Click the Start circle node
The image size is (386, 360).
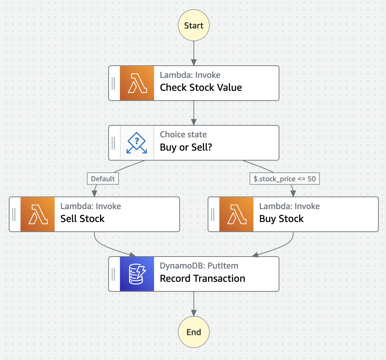(194, 25)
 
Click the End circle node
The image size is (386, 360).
(194, 332)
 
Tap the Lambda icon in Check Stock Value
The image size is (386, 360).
(137, 83)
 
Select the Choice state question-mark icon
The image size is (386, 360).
(137, 143)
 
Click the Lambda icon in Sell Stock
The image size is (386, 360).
(37, 214)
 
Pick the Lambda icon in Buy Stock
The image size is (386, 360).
(236, 214)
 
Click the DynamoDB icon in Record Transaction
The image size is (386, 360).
(137, 274)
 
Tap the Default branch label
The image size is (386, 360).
(103, 179)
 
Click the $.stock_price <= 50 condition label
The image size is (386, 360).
(285, 179)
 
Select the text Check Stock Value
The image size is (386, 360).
(201, 88)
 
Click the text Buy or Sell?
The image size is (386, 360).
(186, 147)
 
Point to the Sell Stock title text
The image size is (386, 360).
(82, 219)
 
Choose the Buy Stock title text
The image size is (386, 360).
(281, 219)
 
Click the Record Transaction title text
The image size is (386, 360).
(202, 279)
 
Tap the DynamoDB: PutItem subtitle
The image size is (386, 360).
(199, 266)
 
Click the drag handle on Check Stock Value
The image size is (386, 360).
(113, 83)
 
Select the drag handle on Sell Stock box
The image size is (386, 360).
(14, 214)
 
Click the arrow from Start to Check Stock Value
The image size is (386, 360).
(194, 53)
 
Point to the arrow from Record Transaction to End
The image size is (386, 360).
(194, 304)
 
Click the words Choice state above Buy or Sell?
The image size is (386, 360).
(183, 134)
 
